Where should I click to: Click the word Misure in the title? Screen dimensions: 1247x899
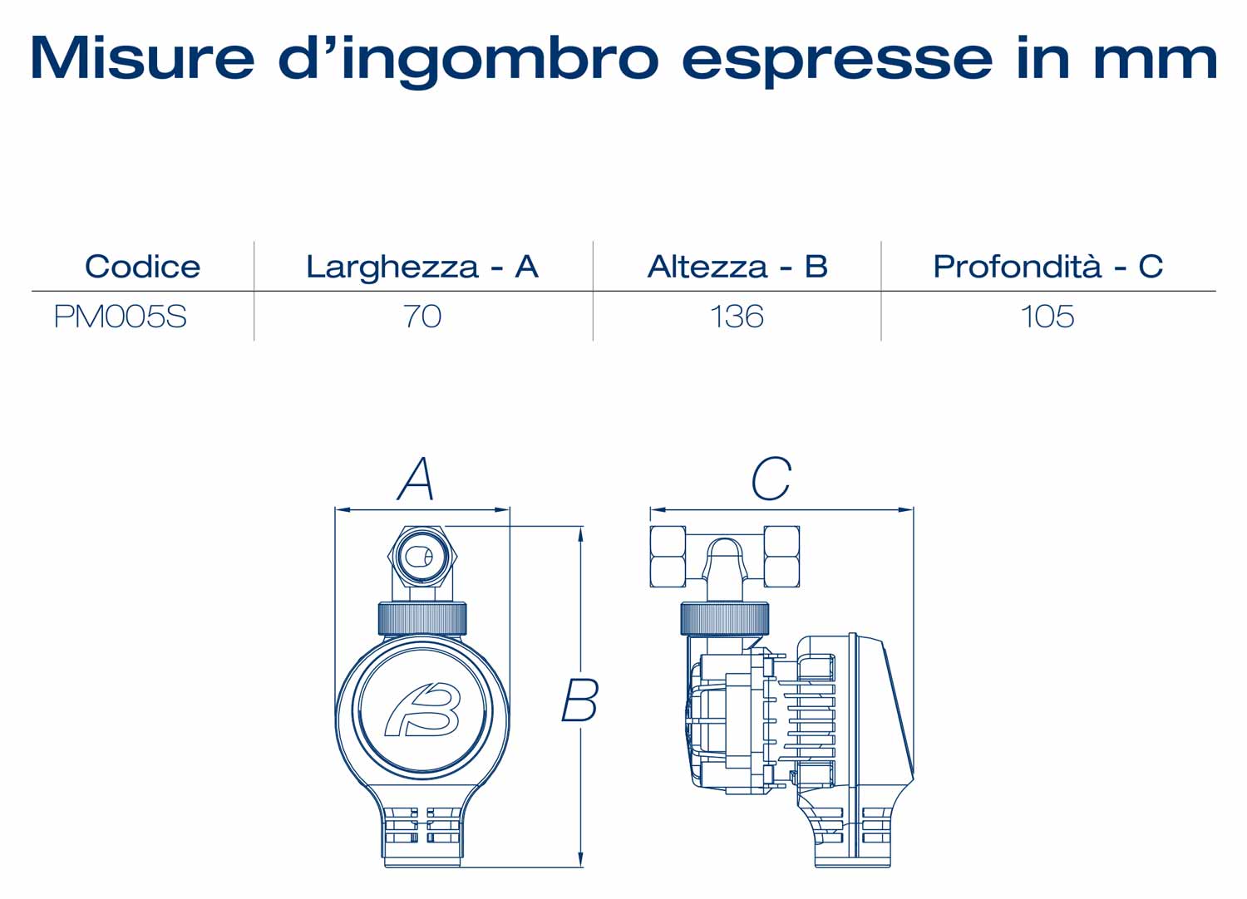tap(142, 58)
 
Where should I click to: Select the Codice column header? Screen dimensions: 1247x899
tap(142, 267)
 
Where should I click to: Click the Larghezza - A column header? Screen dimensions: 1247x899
tap(422, 268)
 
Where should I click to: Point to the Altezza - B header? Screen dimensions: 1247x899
tap(737, 267)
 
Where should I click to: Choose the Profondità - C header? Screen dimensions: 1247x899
tap(1047, 267)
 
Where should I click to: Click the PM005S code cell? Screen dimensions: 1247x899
tap(121, 317)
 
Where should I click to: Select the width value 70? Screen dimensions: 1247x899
tap(422, 317)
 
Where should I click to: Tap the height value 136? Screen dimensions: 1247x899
tap(737, 317)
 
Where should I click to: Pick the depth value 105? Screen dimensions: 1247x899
tap(1047, 317)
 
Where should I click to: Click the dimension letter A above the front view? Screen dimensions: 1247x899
tap(416, 479)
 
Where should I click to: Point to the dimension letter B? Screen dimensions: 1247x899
tap(580, 700)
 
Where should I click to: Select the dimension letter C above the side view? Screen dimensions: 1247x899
tap(771, 479)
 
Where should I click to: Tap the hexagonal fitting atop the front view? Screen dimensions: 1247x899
tap(422, 557)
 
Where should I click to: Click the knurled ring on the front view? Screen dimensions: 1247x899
tap(422, 619)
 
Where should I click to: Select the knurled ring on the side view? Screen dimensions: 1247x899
tap(726, 619)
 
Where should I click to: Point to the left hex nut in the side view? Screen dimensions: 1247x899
tap(668, 557)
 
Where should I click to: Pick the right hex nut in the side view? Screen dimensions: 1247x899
tap(782, 557)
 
